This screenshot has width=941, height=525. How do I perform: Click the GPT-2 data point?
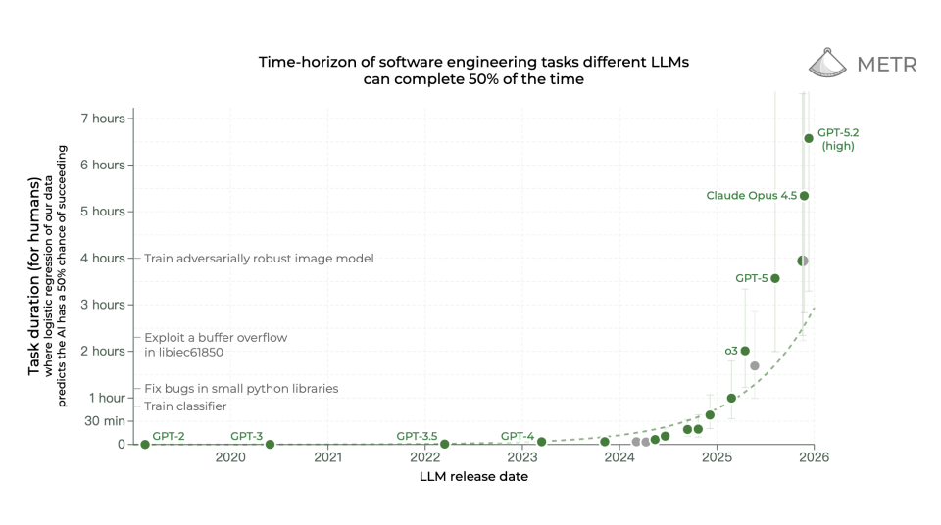(x=145, y=444)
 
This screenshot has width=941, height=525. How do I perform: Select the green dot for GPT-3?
(x=270, y=444)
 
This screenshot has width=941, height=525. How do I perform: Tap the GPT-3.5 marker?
(x=444, y=444)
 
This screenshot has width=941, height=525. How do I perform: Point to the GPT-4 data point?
(x=541, y=442)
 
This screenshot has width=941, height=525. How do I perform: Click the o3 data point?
(x=745, y=351)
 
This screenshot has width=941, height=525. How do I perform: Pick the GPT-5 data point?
(x=775, y=278)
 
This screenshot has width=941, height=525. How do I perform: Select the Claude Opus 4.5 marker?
(x=804, y=196)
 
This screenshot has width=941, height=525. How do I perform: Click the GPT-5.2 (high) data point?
(x=809, y=138)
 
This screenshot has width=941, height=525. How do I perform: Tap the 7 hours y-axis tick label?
(x=102, y=119)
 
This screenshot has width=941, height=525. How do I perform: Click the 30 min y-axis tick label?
(x=105, y=421)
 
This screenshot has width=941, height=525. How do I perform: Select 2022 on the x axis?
(x=424, y=457)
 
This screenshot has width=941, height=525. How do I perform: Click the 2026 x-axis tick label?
(x=814, y=457)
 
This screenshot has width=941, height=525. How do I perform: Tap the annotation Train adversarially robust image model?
(x=259, y=259)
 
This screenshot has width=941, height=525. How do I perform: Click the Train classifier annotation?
(x=185, y=406)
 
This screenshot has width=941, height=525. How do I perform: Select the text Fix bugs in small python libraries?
(x=241, y=389)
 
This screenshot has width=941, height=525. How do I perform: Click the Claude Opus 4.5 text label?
(x=751, y=196)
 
